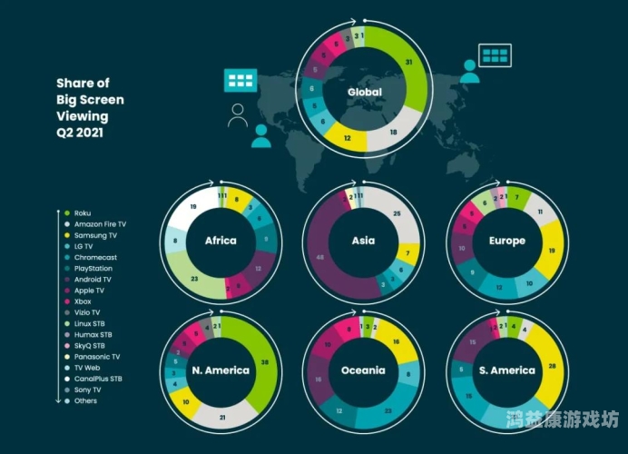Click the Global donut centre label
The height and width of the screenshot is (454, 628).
(363, 93)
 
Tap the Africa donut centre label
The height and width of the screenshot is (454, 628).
(221, 241)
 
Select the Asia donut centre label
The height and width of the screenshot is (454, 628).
(363, 241)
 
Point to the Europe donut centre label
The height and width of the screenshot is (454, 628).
(506, 241)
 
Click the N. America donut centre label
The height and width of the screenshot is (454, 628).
(221, 370)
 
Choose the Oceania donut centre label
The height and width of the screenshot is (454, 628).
(363, 370)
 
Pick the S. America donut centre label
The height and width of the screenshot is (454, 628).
(506, 370)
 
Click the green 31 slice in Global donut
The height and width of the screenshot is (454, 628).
(409, 62)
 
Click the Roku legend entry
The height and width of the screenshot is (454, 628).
(83, 213)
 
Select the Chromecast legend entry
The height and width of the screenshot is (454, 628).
(95, 257)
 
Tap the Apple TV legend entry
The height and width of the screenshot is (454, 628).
(89, 291)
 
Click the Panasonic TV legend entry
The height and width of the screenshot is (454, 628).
(96, 356)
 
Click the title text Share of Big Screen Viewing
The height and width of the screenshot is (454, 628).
(90, 107)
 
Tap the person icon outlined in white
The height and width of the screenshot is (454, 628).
(238, 115)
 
